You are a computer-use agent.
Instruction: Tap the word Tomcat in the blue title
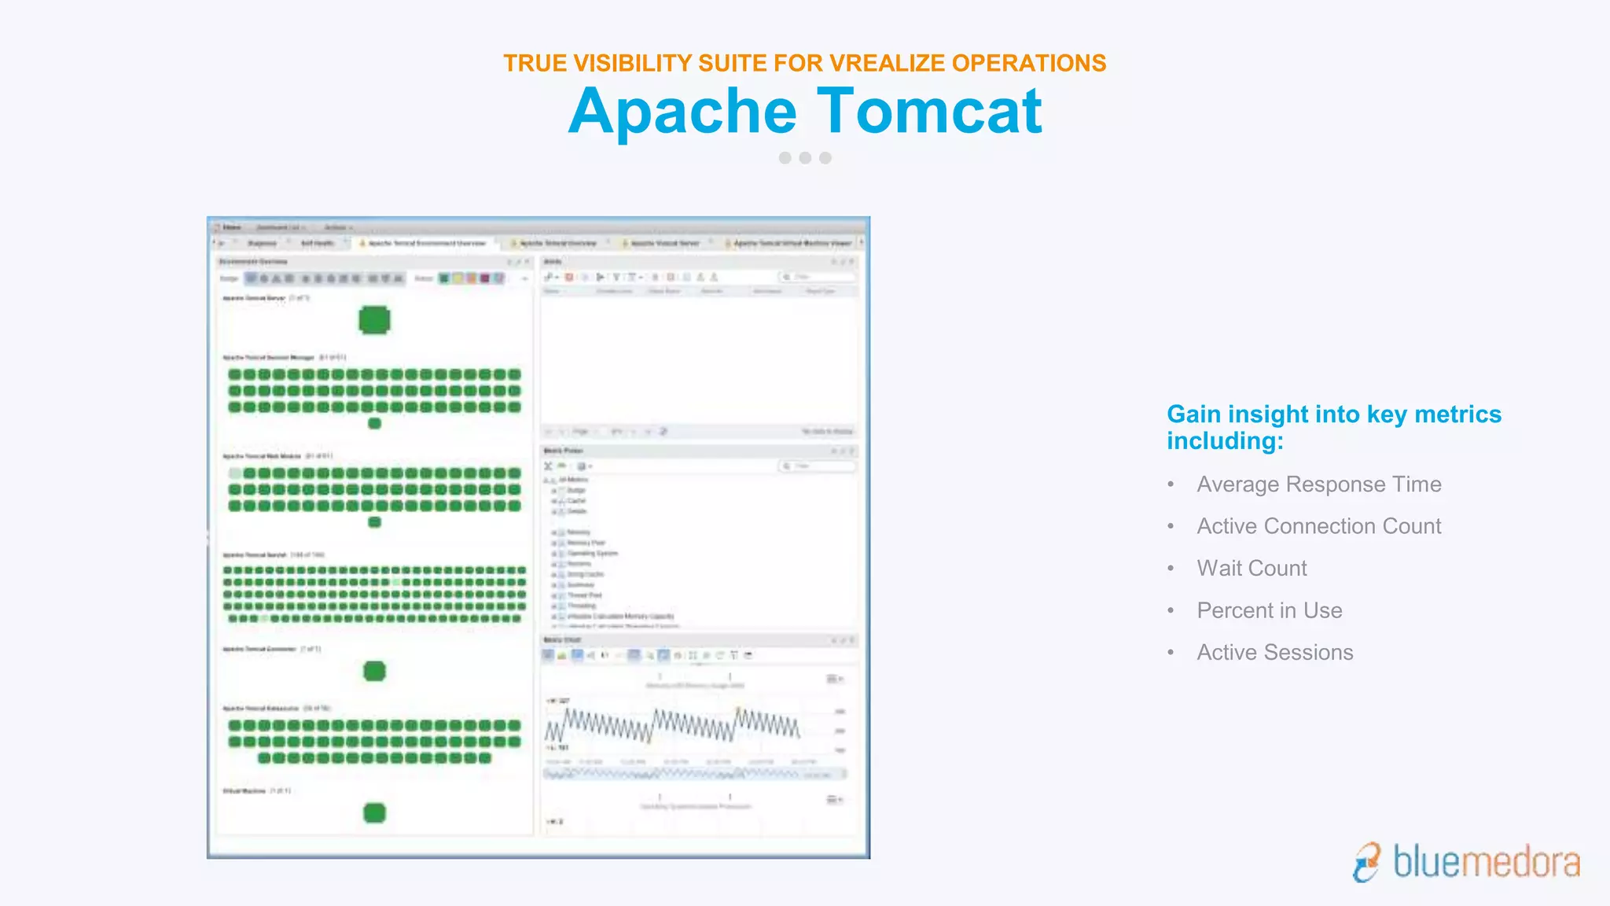click(x=929, y=112)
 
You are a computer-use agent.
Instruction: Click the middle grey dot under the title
click(x=805, y=158)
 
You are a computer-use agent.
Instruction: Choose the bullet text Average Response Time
click(x=1318, y=484)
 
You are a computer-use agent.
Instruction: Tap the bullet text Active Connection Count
click(x=1318, y=526)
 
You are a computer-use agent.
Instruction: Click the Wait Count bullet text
click(x=1252, y=569)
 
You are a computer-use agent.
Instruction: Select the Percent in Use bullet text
click(x=1269, y=610)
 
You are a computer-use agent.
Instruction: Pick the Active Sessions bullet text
click(x=1274, y=653)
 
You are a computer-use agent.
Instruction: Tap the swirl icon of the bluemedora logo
click(x=1367, y=862)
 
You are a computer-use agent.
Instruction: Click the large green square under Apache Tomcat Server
click(x=374, y=320)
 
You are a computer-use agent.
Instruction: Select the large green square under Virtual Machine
click(x=374, y=812)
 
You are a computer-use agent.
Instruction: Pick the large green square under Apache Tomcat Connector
click(x=374, y=671)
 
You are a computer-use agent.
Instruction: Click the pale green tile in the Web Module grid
click(x=235, y=473)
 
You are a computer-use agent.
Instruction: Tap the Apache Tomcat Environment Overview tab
click(x=426, y=244)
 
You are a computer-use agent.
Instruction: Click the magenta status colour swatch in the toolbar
click(x=485, y=278)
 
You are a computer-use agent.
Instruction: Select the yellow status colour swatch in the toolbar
click(x=458, y=278)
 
